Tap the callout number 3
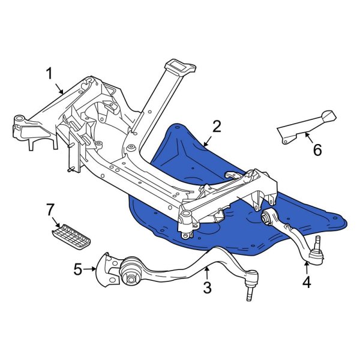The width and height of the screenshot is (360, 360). tap(207, 288)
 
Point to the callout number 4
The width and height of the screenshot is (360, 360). tap(307, 281)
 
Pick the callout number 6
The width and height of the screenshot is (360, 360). tap(316, 149)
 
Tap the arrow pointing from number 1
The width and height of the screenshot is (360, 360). tap(59, 89)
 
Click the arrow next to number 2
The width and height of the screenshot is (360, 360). tap(207, 142)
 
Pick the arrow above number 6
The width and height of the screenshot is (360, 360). tap(308, 136)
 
